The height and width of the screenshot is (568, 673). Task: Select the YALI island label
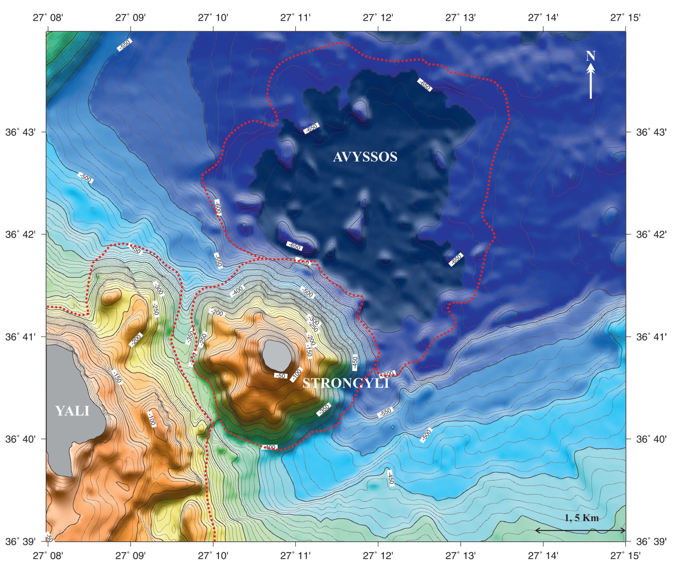coord(72,411)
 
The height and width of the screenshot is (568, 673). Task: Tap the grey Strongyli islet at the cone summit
coord(277,355)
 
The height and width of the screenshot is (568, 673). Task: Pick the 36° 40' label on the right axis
coord(651,439)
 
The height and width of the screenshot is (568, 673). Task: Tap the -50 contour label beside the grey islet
coord(280,375)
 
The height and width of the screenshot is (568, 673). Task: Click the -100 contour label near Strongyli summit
coord(296,375)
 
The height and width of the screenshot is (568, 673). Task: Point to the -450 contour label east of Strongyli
coord(355,363)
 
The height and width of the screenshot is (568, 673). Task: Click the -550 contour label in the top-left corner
coord(124,44)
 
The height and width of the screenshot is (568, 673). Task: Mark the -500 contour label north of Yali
coord(85,177)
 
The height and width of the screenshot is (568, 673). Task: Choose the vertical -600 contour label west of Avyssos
coord(218,207)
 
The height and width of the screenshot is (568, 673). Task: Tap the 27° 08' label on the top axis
coord(48,18)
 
